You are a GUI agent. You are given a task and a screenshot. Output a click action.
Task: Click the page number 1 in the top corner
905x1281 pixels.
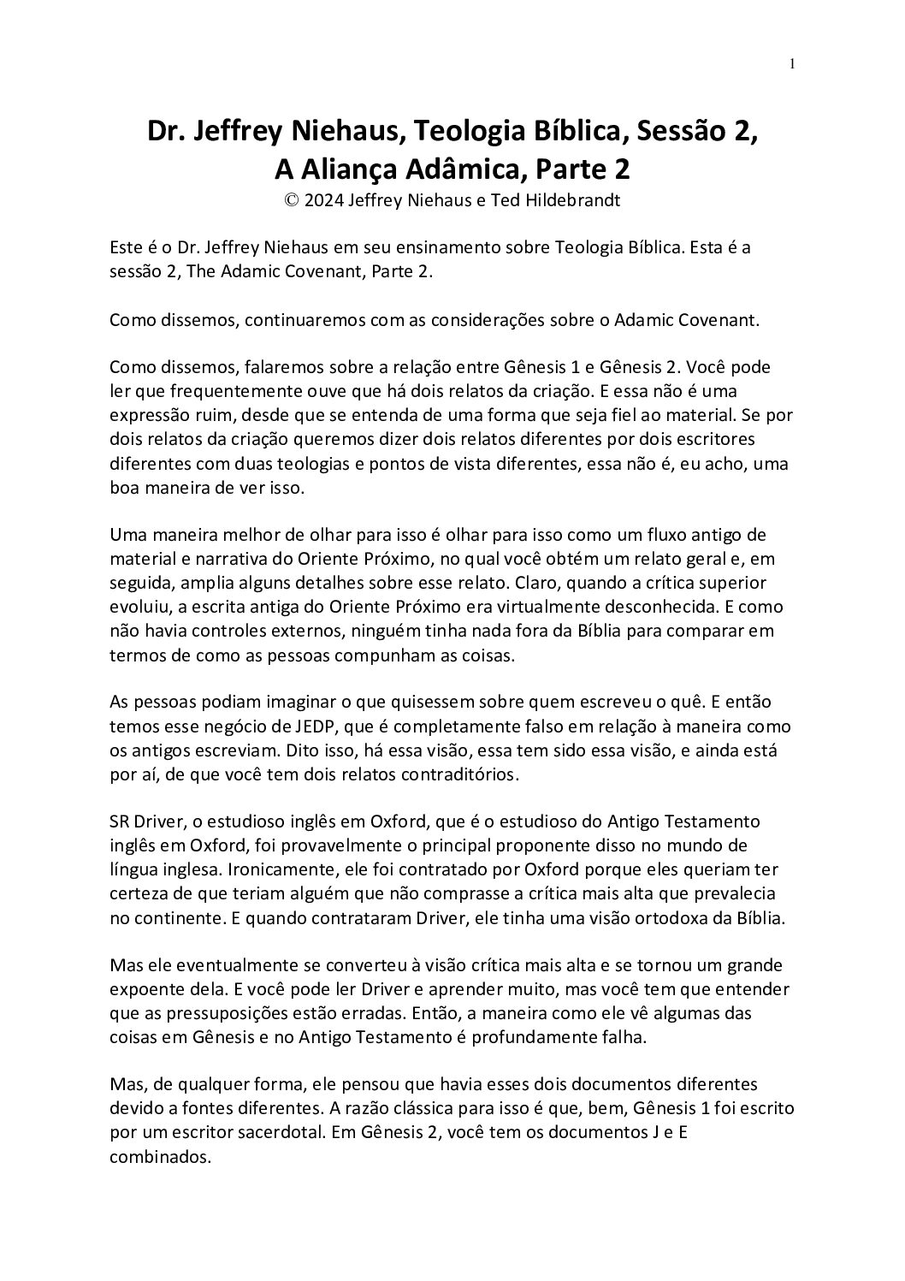pos(793,63)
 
